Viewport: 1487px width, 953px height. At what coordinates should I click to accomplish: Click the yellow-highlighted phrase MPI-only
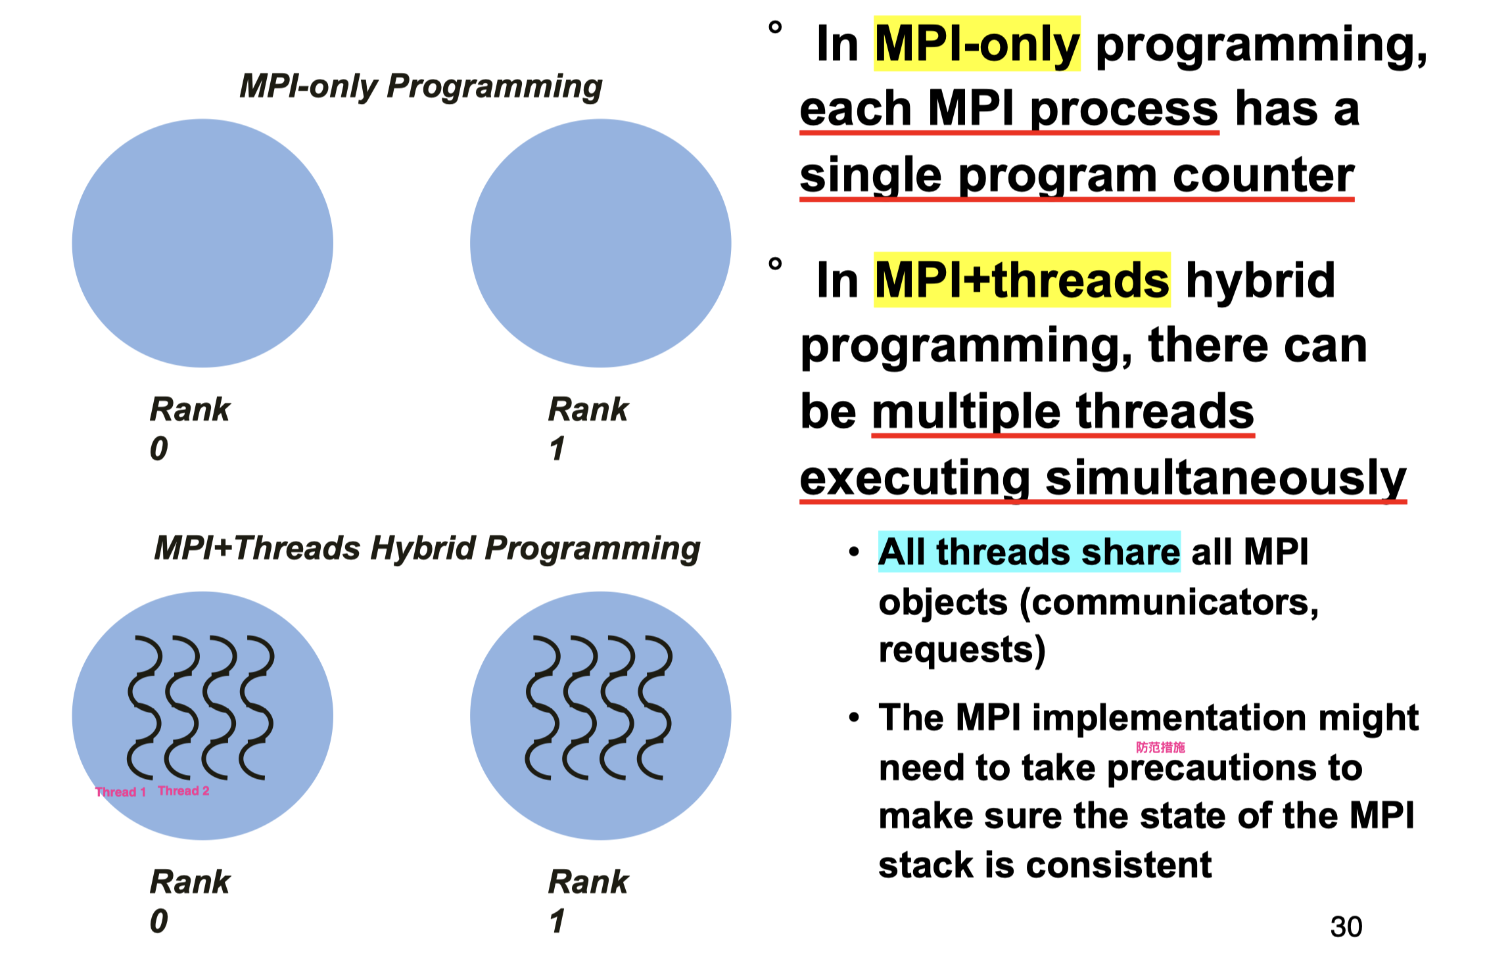pyautogui.click(x=977, y=43)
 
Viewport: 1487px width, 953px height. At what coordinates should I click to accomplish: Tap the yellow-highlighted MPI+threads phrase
pyautogui.click(x=1022, y=280)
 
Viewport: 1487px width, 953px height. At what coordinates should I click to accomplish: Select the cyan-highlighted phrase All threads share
pyautogui.click(x=1029, y=551)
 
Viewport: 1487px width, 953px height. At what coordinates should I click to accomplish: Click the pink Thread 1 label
pyautogui.click(x=120, y=792)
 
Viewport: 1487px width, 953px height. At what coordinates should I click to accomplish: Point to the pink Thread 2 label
pyautogui.click(x=183, y=791)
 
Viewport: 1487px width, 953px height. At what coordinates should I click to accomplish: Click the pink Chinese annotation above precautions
pyautogui.click(x=1161, y=747)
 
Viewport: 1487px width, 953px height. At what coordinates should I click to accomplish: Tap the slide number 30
pyautogui.click(x=1346, y=927)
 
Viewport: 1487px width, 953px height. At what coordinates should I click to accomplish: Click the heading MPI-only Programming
pyautogui.click(x=421, y=86)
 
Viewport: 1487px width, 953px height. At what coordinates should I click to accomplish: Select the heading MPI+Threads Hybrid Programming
pyautogui.click(x=427, y=548)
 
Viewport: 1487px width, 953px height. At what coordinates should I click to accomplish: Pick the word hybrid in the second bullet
pyautogui.click(x=1260, y=280)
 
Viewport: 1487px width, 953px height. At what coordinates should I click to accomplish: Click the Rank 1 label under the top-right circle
pyautogui.click(x=588, y=429)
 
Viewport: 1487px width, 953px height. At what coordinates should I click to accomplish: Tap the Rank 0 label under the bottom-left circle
pyautogui.click(x=190, y=901)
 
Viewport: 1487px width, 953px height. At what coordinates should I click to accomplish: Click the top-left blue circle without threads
pyautogui.click(x=202, y=243)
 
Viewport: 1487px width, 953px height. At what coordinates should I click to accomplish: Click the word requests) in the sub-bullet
pyautogui.click(x=962, y=651)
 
